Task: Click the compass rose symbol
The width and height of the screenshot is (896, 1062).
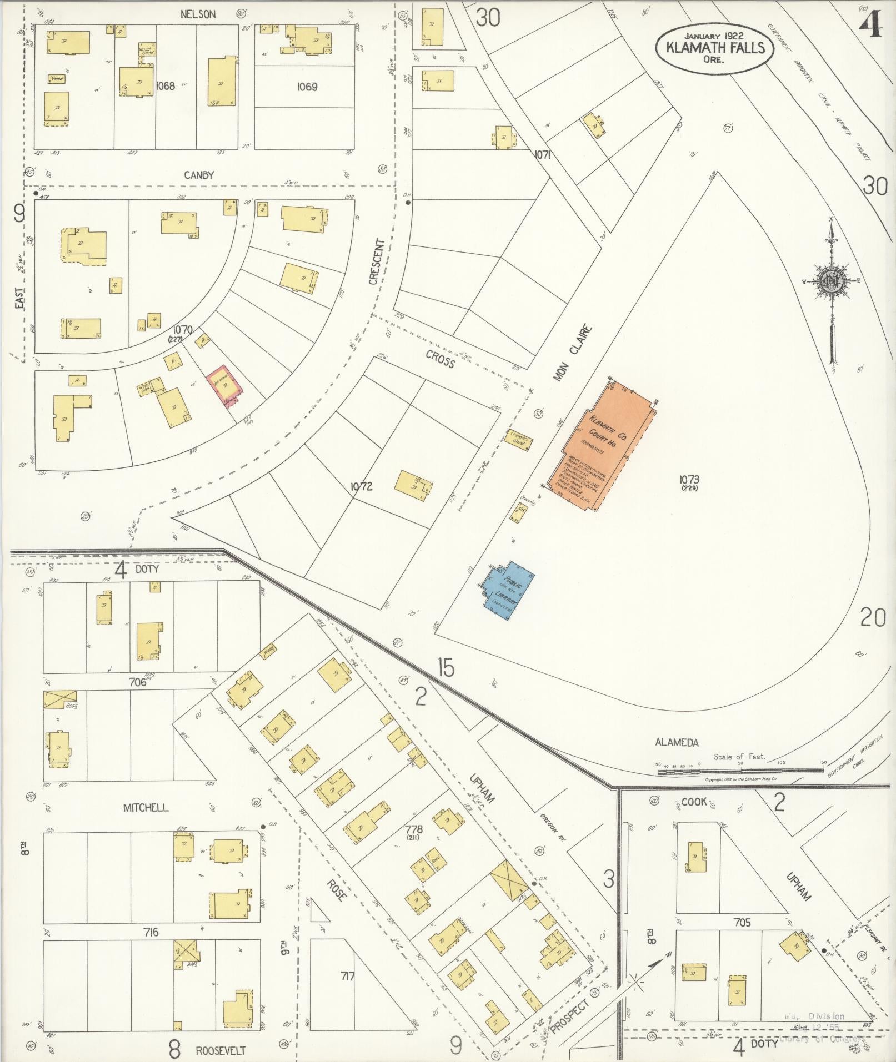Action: point(832,282)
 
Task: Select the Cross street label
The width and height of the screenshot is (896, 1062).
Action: point(440,359)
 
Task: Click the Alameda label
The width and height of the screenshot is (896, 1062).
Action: point(676,742)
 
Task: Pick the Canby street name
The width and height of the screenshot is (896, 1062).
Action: point(199,175)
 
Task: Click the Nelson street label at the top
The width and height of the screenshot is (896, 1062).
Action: point(198,14)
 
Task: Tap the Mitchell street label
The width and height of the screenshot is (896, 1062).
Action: point(146,808)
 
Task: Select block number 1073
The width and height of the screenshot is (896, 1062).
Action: point(688,479)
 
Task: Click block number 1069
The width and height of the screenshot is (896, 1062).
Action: point(307,87)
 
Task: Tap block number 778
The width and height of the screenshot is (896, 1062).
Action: point(414,829)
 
